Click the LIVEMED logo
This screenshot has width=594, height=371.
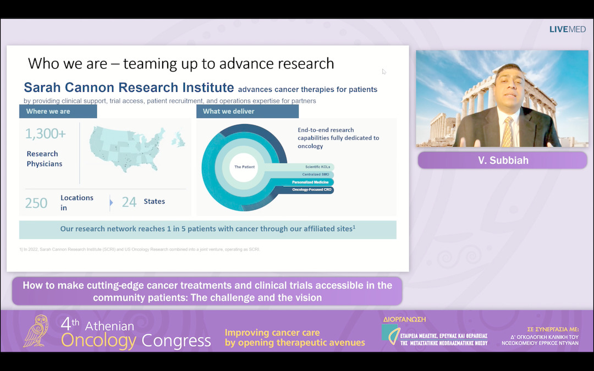tap(567, 29)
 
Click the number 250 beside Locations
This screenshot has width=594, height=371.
tap(36, 203)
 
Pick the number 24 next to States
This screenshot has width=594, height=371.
tap(129, 202)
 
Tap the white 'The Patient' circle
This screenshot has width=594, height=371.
tap(244, 167)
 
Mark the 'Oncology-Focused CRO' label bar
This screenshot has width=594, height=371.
tap(308, 190)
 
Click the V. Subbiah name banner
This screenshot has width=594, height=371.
tap(502, 160)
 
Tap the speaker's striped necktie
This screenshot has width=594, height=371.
tap(507, 132)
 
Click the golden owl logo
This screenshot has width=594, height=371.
tap(39, 331)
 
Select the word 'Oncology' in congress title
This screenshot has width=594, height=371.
tap(98, 341)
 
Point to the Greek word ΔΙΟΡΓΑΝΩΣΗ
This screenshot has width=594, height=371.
tap(404, 319)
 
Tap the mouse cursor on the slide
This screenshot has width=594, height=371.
tap(384, 71)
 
